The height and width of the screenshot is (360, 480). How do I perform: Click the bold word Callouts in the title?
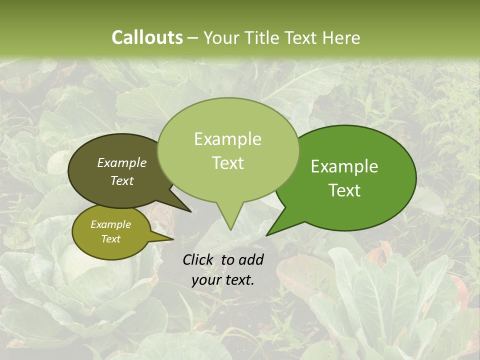tap(147, 37)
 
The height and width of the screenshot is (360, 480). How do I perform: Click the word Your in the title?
tap(222, 37)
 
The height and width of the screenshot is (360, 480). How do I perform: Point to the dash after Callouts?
tap(193, 38)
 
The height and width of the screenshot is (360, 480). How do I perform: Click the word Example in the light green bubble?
tap(227, 139)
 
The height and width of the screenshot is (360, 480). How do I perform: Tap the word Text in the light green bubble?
tap(227, 163)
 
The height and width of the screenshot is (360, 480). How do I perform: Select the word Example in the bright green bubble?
tap(344, 166)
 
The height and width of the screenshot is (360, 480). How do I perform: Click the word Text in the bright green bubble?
tap(344, 190)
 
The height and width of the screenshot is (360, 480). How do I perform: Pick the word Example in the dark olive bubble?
tap(122, 162)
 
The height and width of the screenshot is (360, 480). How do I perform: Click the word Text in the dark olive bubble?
tap(122, 180)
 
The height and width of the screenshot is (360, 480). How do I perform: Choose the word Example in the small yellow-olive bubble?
tap(110, 224)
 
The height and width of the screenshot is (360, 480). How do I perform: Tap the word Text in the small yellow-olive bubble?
tap(110, 239)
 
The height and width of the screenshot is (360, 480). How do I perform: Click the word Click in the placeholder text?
tap(198, 259)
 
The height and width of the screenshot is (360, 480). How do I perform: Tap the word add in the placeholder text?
tap(251, 259)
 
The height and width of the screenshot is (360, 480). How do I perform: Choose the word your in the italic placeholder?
tap(205, 280)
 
